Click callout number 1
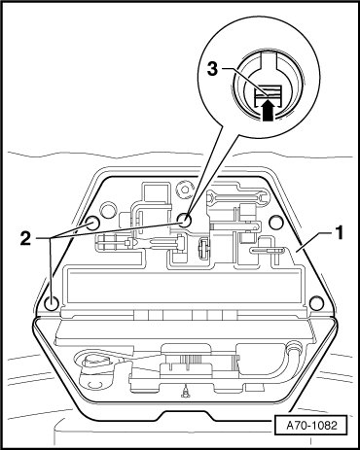339,233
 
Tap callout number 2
25,239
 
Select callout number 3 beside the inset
212,70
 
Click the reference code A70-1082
311,425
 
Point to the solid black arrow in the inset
267,111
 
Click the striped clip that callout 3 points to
268,92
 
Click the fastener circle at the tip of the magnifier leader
184,221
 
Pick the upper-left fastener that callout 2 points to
92,223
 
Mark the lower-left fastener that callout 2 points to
52,303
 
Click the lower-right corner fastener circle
316,303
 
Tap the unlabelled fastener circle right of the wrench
276,222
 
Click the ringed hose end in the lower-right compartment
293,347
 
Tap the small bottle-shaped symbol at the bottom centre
186,393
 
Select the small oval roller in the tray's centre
203,249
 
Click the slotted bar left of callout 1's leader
266,250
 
